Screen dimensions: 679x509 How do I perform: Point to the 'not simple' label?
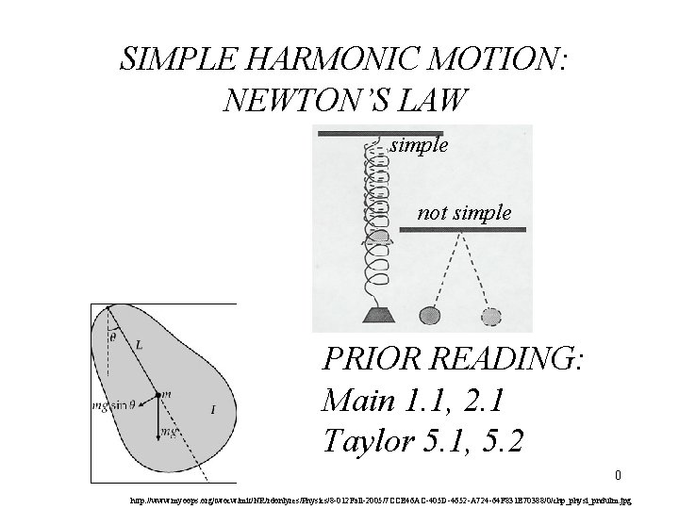464,213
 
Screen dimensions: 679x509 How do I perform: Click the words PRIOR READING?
454,359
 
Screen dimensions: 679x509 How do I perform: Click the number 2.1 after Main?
484,402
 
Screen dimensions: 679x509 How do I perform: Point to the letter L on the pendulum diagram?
141,346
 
